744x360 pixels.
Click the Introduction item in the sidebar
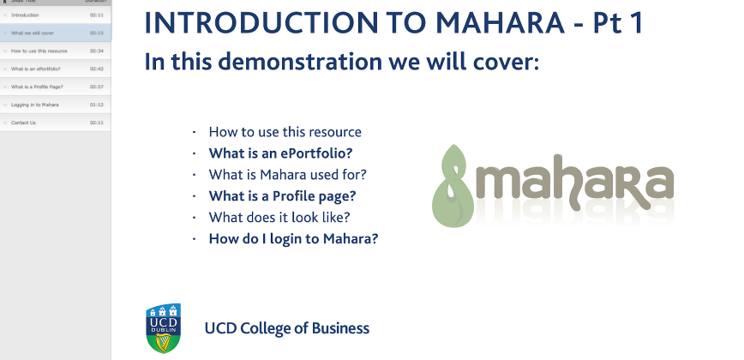pyautogui.click(x=26, y=15)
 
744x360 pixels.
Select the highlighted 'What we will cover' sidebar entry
pyautogui.click(x=34, y=33)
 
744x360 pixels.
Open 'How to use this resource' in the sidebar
pyautogui.click(x=39, y=51)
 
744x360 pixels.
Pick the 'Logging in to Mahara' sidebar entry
pyautogui.click(x=35, y=105)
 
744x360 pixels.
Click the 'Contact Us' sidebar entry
pyautogui.click(x=23, y=123)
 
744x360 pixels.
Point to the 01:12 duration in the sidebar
pyautogui.click(x=96, y=105)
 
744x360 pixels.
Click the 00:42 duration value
pyautogui.click(x=96, y=69)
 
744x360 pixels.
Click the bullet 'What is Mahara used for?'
pyautogui.click(x=288, y=175)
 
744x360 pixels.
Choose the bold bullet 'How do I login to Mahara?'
pyautogui.click(x=293, y=239)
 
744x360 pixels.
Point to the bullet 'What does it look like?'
pyautogui.click(x=279, y=218)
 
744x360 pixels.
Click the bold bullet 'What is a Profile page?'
pyautogui.click(x=282, y=196)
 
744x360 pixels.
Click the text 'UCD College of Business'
pyautogui.click(x=286, y=328)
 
